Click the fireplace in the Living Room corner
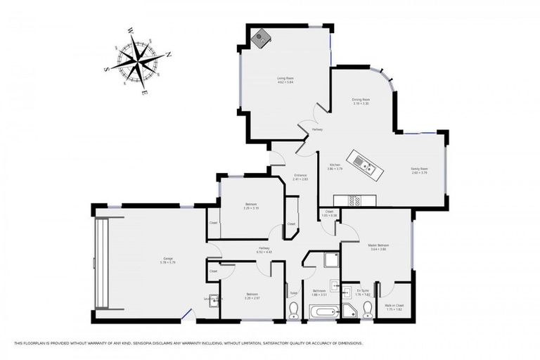[261, 37]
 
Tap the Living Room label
[285, 79]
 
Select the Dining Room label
[361, 101]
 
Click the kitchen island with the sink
[366, 165]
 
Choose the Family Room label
[419, 170]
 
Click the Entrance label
[301, 177]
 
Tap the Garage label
[167, 260]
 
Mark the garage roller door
[103, 263]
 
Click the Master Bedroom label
[378, 247]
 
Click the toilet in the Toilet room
[294, 310]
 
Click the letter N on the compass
[169, 54]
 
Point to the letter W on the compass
[131, 30]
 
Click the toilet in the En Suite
[367, 309]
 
